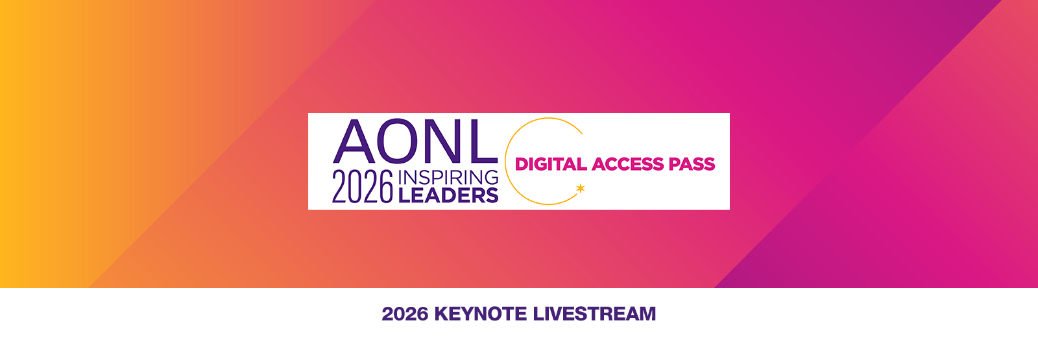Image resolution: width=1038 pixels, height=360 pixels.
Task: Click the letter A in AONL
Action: pyautogui.click(x=354, y=141)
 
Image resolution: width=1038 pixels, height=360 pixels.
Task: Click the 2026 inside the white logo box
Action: pyautogui.click(x=363, y=186)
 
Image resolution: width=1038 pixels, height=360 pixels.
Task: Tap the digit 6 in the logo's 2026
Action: pyautogui.click(x=386, y=186)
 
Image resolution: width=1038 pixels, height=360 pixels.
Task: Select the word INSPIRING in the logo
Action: pyautogui.click(x=448, y=178)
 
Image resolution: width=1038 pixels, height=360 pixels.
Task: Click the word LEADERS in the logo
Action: pyautogui.click(x=448, y=195)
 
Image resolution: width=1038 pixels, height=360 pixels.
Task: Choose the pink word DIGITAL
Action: pyautogui.click(x=551, y=164)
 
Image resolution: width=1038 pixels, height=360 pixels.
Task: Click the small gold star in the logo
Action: pyautogui.click(x=580, y=188)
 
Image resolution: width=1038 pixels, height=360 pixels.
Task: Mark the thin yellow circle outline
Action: pyautogui.click(x=505, y=162)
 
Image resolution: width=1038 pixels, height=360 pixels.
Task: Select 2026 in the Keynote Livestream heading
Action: pyautogui.click(x=405, y=314)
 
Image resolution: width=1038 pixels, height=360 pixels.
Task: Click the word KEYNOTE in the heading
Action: pyautogui.click(x=481, y=314)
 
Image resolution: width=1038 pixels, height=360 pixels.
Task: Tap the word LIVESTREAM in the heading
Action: pyautogui.click(x=594, y=314)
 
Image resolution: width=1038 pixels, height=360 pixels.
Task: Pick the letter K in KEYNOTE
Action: pyautogui.click(x=442, y=314)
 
